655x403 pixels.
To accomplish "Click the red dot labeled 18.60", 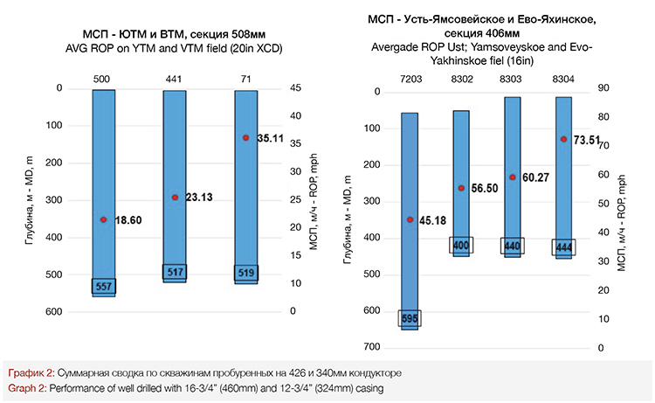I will [103, 219].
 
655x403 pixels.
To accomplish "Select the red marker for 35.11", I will [246, 138].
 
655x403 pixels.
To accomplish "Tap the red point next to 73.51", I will [563, 139].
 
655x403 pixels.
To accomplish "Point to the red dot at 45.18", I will [410, 219].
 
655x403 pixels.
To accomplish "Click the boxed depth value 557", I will [103, 286].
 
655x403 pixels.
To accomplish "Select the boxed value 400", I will [462, 246].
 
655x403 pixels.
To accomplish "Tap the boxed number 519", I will [246, 274].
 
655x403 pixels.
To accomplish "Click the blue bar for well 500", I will [103, 157].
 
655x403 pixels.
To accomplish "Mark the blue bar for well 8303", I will [513, 157].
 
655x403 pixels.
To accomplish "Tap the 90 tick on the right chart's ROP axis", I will [603, 88].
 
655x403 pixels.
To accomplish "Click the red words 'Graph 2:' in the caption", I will [27, 386].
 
